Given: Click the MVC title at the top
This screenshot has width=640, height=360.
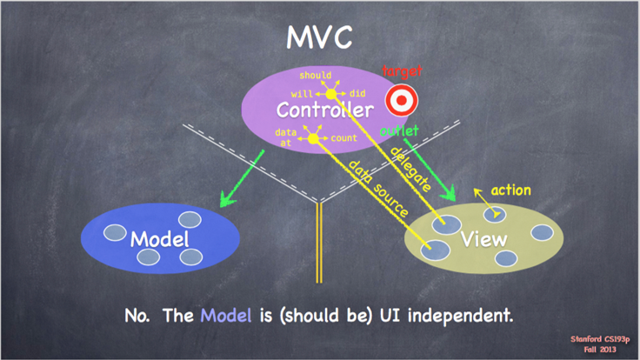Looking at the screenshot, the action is [319, 37].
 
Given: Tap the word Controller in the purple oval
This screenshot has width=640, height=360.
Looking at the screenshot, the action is [325, 110].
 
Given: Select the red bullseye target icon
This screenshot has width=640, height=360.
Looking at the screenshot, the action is [402, 100].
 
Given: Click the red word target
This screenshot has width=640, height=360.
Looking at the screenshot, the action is [402, 71].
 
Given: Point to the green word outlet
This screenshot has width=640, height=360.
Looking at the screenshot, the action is [399, 130].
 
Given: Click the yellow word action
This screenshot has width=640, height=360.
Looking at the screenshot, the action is [510, 190].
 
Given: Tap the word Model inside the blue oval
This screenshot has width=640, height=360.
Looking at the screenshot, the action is [160, 239].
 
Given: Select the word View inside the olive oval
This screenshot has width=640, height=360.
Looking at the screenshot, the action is [484, 239].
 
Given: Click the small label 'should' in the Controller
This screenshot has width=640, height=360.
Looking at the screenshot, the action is [315, 75].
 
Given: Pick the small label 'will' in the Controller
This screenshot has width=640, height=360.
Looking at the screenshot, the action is [302, 94].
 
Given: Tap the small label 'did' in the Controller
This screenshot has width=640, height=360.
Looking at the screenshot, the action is [357, 93].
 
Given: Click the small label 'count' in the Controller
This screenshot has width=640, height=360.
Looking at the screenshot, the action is [343, 138].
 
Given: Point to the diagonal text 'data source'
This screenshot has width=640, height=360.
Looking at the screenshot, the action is [378, 189].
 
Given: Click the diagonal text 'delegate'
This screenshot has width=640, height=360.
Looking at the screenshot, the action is [411, 169].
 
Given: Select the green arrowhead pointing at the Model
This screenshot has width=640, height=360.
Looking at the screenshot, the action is [227, 198].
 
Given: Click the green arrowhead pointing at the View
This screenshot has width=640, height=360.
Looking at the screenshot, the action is [449, 193].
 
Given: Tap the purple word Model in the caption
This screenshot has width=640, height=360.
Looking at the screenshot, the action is [226, 316].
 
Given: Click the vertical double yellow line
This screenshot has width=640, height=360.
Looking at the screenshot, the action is [319, 243].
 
